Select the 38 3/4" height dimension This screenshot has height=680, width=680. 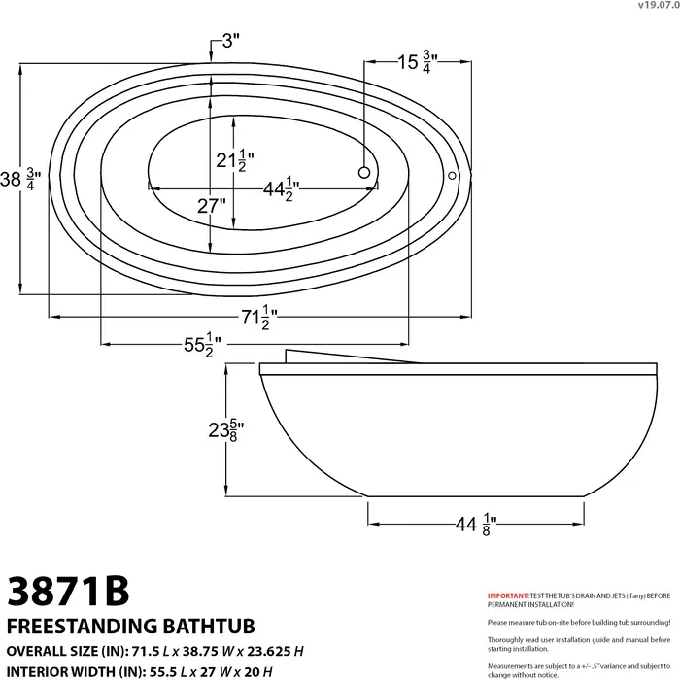pos(21,179)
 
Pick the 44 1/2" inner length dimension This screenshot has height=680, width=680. pos(281,189)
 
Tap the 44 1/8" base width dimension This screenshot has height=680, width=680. pos(476,524)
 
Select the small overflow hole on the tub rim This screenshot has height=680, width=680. pos(452,176)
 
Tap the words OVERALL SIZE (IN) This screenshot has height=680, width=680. pos(64,648)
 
